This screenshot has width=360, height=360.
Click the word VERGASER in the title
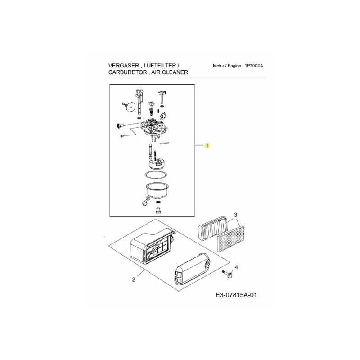tap(123, 66)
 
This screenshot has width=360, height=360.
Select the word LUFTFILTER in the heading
tap(160, 66)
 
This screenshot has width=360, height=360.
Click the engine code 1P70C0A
tap(254, 66)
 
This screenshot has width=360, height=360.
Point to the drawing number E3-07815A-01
tap(236, 295)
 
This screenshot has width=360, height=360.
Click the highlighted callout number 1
tap(207, 145)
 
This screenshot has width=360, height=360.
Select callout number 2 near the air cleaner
tap(134, 279)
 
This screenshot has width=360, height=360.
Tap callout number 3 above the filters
tap(235, 215)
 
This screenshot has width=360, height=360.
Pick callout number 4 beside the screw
tap(236, 267)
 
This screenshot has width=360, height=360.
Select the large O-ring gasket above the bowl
tap(156, 175)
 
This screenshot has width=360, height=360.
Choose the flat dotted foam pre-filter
tap(231, 239)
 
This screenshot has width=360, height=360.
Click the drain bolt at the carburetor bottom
tap(158, 211)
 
